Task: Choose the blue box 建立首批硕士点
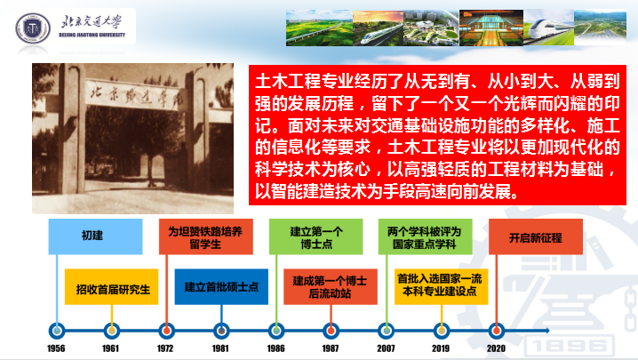pyautogui.click(x=221, y=288)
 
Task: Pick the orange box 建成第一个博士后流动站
pyautogui.click(x=331, y=288)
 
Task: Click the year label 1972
pyautogui.click(x=165, y=348)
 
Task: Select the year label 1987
pyautogui.click(x=331, y=348)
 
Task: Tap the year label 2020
pyautogui.click(x=496, y=348)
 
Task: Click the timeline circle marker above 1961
pyautogui.click(x=110, y=326)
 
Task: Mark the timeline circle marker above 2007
pyautogui.click(x=385, y=326)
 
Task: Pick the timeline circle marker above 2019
pyautogui.click(x=441, y=326)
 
